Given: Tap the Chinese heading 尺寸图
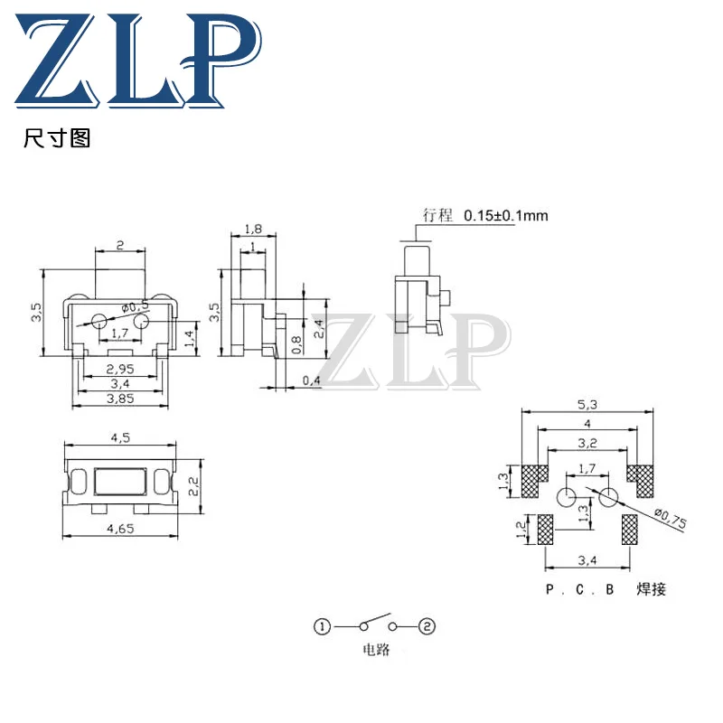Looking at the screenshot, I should coord(57,140).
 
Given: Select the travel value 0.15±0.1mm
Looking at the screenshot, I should coord(506,216).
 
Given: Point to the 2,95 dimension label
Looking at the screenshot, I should coord(120,369).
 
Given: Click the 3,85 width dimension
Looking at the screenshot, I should coord(120,398).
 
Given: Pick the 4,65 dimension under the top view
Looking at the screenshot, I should coord(120,530).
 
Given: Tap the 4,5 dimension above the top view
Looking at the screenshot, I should coord(120,438).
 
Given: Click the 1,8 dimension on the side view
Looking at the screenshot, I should coord(254,231).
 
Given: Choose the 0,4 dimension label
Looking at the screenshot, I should coord(312,380).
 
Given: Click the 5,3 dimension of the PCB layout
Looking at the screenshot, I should coord(587,405).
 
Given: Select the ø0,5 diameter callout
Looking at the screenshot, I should coord(136,305).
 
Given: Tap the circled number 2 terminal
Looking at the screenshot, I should coord(428,626).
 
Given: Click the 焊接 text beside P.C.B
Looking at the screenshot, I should coord(651,589).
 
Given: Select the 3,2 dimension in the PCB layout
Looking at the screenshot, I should coord(587,444).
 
